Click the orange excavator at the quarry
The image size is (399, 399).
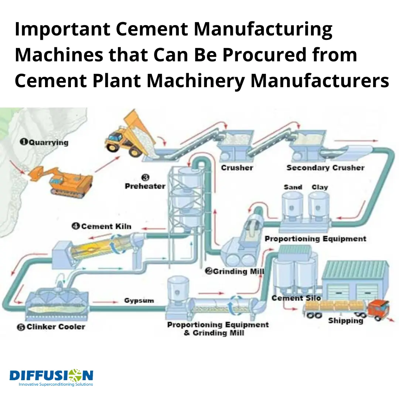[61, 181]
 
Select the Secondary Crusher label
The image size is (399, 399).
[325, 168]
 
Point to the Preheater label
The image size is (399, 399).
[145, 186]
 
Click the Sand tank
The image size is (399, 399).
[292, 206]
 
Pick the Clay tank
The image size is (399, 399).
[319, 206]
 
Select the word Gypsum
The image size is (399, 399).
[139, 301]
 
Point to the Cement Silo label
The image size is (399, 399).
[296, 298]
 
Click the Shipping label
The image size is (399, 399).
[345, 321]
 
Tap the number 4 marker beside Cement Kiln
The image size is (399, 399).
[76, 226]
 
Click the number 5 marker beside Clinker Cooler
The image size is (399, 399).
[21, 327]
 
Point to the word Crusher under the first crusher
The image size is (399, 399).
[237, 168]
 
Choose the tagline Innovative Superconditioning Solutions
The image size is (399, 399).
[56, 384]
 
